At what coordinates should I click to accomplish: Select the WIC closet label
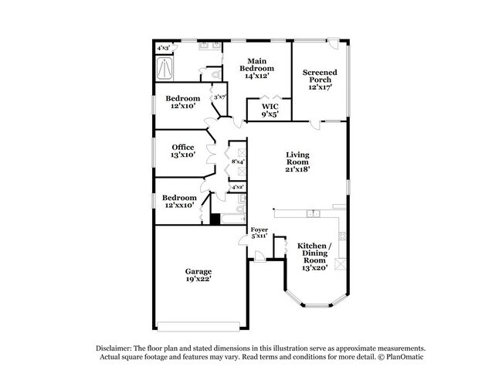[x=269, y=110]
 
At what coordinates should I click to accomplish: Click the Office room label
[x=183, y=150]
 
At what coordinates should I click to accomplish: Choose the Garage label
[x=198, y=276]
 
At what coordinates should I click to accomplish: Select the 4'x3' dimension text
[x=165, y=48]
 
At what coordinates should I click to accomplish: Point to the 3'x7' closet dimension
[x=219, y=97]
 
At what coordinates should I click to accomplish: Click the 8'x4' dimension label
[x=238, y=161]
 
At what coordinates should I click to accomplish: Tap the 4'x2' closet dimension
[x=238, y=188]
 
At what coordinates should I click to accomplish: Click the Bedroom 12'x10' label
[x=183, y=102]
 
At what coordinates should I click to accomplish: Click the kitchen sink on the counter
[x=313, y=212]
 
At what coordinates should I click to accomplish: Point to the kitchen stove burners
[x=339, y=263]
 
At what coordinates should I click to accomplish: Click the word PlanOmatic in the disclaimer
[x=406, y=358]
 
